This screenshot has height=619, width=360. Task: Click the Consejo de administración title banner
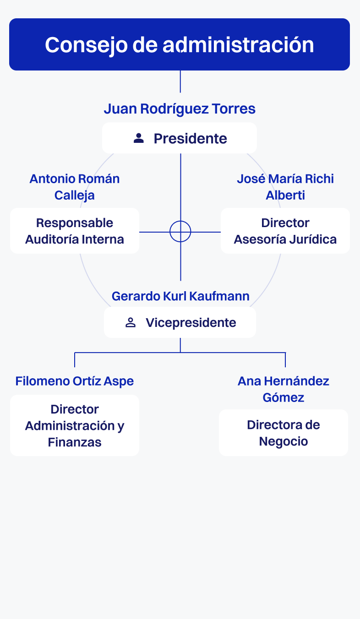pyautogui.click(x=180, y=44)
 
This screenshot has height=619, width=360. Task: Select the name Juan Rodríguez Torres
pyautogui.click(x=180, y=109)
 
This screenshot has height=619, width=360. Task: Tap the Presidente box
pyautogui.click(x=180, y=138)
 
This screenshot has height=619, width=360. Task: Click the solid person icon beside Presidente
pyautogui.click(x=139, y=138)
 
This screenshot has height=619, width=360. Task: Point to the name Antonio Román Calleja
pyautogui.click(x=75, y=187)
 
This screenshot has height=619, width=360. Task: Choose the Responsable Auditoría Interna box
pyautogui.click(x=75, y=231)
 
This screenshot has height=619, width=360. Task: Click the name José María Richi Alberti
pyautogui.click(x=285, y=187)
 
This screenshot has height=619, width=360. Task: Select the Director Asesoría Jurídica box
pyautogui.click(x=285, y=231)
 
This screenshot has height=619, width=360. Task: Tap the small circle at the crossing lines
pyautogui.click(x=180, y=232)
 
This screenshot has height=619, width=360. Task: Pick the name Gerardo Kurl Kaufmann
pyautogui.click(x=180, y=296)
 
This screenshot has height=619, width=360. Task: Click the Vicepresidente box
pyautogui.click(x=180, y=322)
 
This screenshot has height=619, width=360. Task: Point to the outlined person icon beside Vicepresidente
pyautogui.click(x=131, y=322)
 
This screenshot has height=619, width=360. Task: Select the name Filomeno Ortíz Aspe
pyautogui.click(x=75, y=381)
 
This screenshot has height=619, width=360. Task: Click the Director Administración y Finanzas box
pyautogui.click(x=75, y=425)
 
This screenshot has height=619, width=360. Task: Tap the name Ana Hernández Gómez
pyautogui.click(x=284, y=389)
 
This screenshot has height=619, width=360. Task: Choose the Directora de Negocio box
pyautogui.click(x=284, y=433)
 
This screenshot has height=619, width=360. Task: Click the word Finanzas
pyautogui.click(x=75, y=442)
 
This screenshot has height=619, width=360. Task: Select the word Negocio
pyautogui.click(x=284, y=441)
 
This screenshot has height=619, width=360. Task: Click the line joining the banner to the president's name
pyautogui.click(x=180, y=81)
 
